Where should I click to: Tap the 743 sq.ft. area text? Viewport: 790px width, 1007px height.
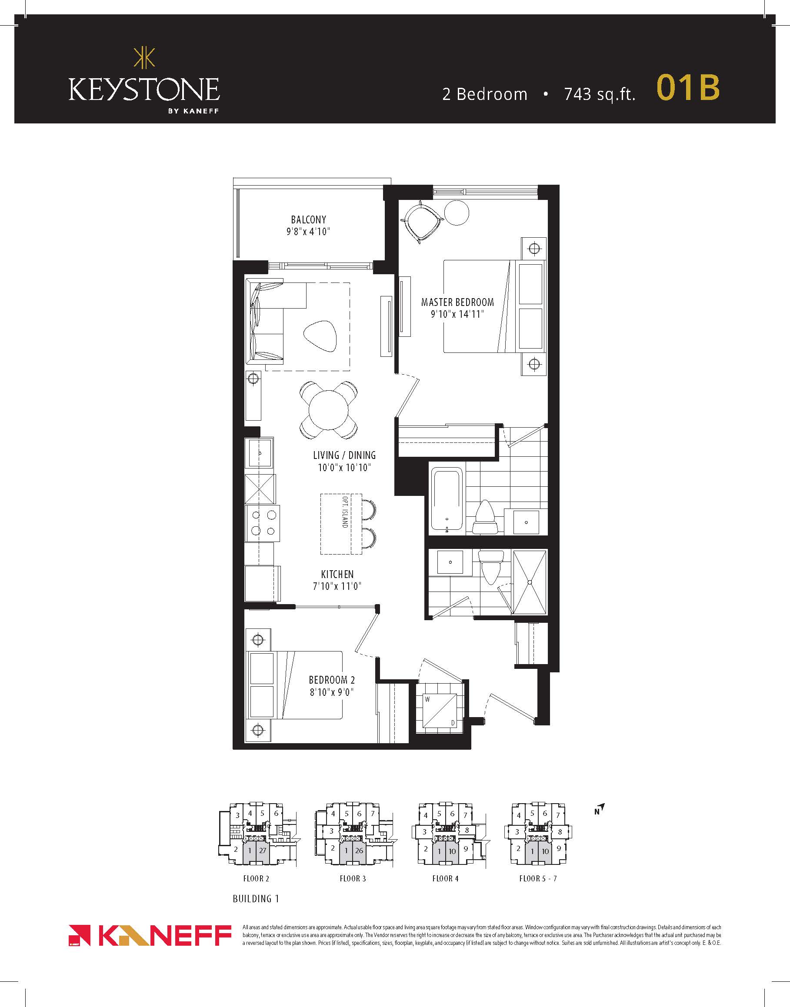pyautogui.click(x=600, y=94)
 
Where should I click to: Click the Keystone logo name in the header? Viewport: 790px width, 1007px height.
pyautogui.click(x=144, y=89)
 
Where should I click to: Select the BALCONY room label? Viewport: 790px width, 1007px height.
pyautogui.click(x=309, y=219)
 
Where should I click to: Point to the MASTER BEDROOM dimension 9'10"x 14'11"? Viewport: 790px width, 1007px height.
pyautogui.click(x=457, y=314)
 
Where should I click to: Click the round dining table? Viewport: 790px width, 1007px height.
pyautogui.click(x=328, y=410)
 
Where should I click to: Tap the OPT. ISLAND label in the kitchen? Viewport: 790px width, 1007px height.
pyautogui.click(x=345, y=512)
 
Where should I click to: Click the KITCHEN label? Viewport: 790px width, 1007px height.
pyautogui.click(x=337, y=574)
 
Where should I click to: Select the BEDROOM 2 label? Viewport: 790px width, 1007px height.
pyautogui.click(x=332, y=680)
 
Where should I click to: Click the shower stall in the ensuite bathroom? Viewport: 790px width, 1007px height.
pyautogui.click(x=530, y=582)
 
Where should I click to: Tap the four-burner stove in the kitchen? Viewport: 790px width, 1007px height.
pyautogui.click(x=263, y=523)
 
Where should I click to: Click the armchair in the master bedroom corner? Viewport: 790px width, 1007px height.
pyautogui.click(x=420, y=222)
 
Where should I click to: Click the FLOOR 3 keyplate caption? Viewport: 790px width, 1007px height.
pyautogui.click(x=353, y=878)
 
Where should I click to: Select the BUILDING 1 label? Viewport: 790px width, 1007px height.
pyautogui.click(x=256, y=899)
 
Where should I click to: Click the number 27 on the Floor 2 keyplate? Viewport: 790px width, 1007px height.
pyautogui.click(x=262, y=850)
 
